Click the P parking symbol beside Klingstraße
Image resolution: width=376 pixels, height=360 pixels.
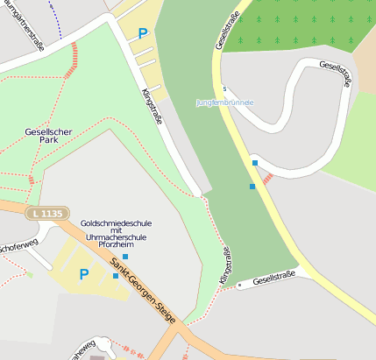click(x=143, y=33)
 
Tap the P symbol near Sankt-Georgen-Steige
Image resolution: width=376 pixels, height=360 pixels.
click(x=84, y=274)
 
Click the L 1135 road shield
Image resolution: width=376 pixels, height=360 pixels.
click(x=46, y=213)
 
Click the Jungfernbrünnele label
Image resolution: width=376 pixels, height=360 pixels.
click(x=225, y=102)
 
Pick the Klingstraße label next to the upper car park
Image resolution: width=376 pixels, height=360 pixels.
click(x=152, y=106)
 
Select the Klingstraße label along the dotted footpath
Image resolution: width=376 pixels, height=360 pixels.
click(x=226, y=265)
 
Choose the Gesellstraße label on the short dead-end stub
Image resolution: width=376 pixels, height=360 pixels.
click(x=274, y=279)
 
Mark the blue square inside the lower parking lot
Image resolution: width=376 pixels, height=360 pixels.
click(x=116, y=276)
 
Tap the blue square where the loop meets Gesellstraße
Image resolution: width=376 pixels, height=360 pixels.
click(x=255, y=163)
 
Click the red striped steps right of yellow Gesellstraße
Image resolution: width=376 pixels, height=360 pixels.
click(x=268, y=179)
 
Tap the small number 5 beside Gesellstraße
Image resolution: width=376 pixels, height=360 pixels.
click(x=224, y=89)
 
